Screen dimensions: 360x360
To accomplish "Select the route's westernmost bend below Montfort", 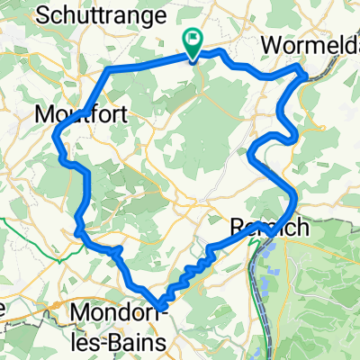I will coord(56,137).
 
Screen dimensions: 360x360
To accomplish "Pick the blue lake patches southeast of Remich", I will coord(270,261).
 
